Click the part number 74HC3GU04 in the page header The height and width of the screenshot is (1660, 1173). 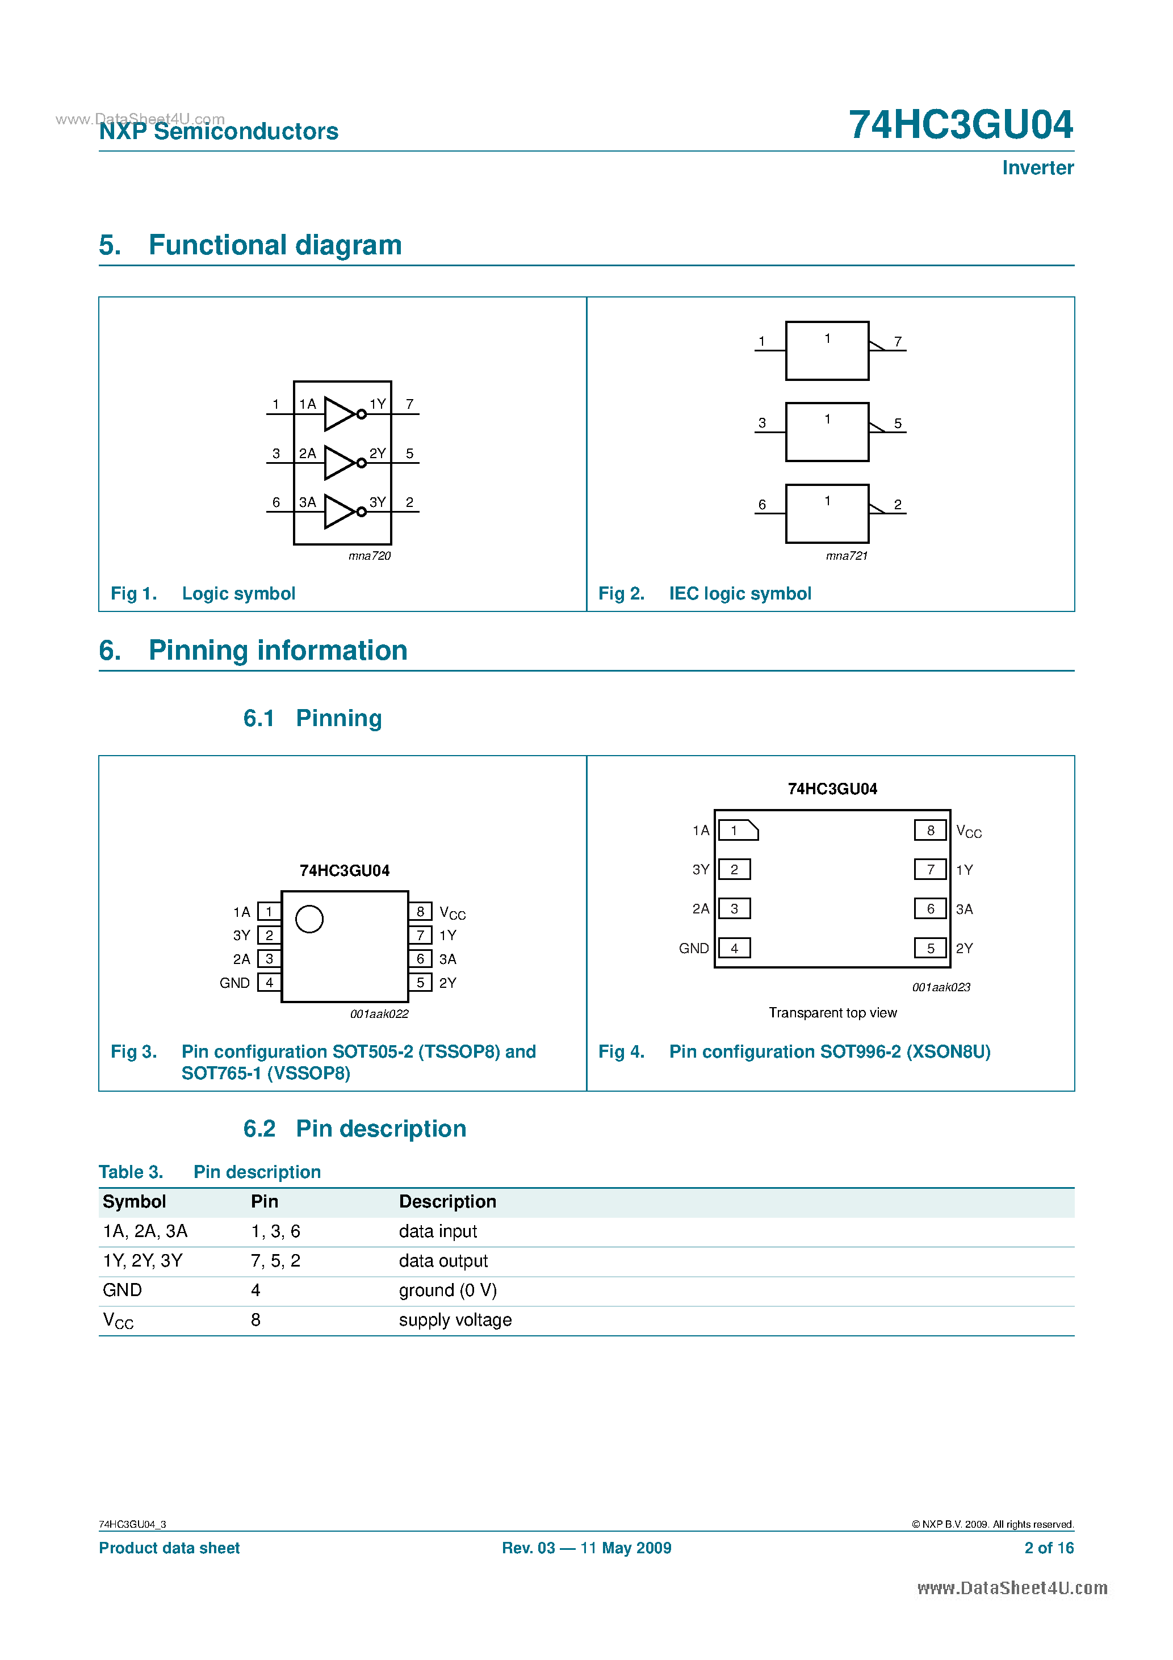point(961,124)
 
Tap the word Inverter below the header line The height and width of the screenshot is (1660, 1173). point(1037,167)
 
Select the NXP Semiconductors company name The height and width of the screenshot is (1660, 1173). point(219,132)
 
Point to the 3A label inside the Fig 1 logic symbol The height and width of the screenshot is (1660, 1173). point(307,502)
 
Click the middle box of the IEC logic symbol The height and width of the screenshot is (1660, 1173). point(827,431)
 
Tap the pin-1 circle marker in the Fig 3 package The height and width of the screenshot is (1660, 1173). point(309,919)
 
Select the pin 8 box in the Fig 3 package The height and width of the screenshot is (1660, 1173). point(420,911)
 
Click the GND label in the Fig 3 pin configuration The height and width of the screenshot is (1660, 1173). point(234,983)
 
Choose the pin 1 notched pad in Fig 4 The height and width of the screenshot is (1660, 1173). point(738,830)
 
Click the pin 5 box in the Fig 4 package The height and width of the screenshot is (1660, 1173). point(930,948)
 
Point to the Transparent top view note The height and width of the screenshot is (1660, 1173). point(832,1012)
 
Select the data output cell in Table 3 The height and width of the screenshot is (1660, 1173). point(443,1261)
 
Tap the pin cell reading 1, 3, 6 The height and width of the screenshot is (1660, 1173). point(275,1231)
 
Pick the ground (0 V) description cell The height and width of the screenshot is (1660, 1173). point(447,1290)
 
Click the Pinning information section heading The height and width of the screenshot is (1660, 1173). point(278,650)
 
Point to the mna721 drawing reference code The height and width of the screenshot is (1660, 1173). point(846,555)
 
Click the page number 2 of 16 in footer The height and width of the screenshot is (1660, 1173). point(1049,1548)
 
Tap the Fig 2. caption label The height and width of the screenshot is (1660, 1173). point(621,594)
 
